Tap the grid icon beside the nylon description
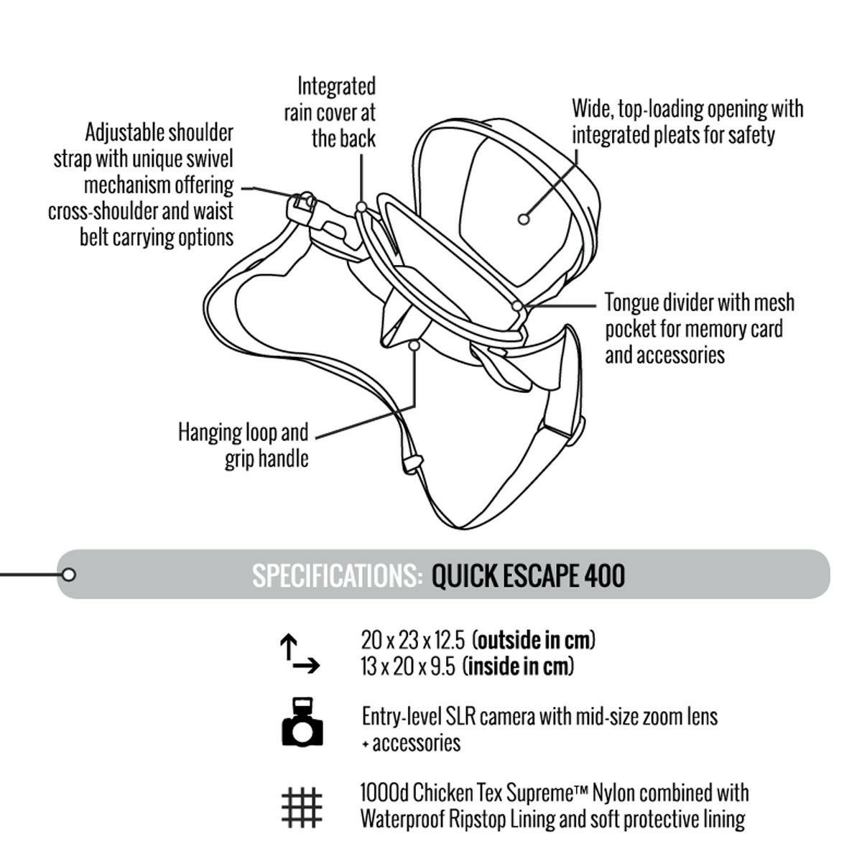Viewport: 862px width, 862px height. click(x=302, y=807)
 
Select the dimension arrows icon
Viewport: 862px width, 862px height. click(x=300, y=654)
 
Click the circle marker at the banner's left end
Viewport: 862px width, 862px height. click(x=68, y=575)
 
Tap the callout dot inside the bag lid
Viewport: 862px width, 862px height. click(x=524, y=219)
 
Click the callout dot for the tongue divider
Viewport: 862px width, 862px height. click(x=517, y=306)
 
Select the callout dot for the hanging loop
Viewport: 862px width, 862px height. click(x=414, y=346)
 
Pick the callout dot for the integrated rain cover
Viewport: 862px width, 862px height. click(x=361, y=207)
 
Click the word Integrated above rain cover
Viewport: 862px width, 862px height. click(x=336, y=86)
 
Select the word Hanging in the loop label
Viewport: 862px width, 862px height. click(x=207, y=433)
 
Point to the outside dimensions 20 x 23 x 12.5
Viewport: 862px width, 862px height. click(x=413, y=641)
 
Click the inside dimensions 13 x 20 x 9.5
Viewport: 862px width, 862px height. click(x=408, y=667)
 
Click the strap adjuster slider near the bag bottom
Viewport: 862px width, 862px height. click(x=413, y=464)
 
